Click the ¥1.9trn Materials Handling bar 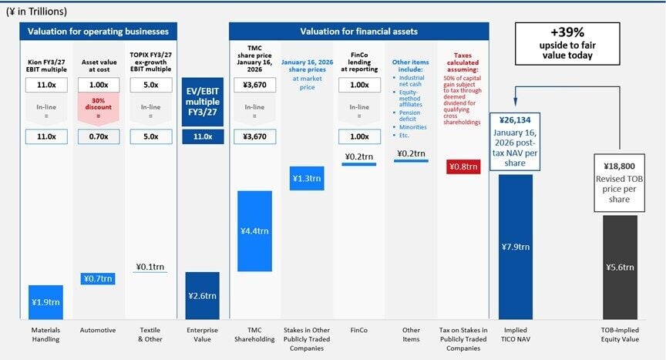point(45,302)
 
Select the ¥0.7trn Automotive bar point(98,278)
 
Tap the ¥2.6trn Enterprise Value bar point(202,295)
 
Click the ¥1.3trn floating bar point(308,179)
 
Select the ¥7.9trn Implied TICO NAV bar point(516,247)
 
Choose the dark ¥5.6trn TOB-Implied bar point(619,267)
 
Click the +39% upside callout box point(566,44)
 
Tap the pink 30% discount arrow point(98,109)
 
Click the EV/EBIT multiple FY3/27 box point(203,102)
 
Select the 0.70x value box point(98,136)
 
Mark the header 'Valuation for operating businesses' point(98,32)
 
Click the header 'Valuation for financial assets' point(358,32)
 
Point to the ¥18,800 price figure point(619,165)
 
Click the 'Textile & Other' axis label point(150,335)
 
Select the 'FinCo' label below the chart point(359,330)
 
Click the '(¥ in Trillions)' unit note point(36,11)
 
